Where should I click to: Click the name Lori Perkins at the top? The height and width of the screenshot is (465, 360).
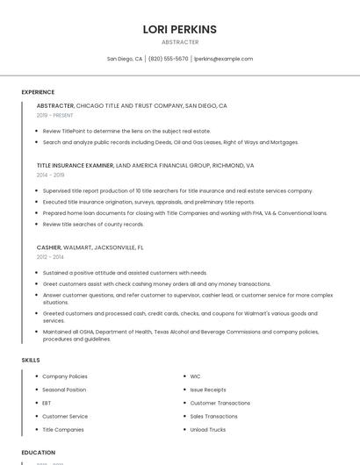click(179, 29)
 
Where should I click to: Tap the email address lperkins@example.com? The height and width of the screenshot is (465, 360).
click(223, 59)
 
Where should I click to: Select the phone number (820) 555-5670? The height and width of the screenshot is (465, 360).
click(168, 59)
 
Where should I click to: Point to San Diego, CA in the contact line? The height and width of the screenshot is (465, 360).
click(125, 59)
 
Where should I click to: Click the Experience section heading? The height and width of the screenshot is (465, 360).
click(38, 92)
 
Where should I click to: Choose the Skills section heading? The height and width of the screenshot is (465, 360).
click(31, 360)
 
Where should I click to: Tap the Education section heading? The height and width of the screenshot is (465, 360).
click(39, 453)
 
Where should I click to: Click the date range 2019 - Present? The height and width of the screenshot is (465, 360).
click(55, 115)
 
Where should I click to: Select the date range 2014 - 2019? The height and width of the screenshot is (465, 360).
click(50, 175)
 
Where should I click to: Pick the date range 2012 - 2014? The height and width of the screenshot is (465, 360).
click(50, 257)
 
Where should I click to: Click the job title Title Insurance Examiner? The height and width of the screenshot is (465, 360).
click(76, 165)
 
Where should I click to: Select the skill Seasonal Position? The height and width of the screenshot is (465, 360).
click(64, 390)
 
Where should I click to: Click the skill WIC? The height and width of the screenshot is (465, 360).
click(195, 376)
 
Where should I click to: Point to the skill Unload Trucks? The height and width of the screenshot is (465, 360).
click(208, 430)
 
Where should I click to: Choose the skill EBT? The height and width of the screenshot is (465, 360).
click(47, 403)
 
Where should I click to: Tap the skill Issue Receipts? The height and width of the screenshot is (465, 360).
click(208, 390)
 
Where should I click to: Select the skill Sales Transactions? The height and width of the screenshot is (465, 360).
click(213, 417)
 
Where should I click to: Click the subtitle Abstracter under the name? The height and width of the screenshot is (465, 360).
click(180, 42)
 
